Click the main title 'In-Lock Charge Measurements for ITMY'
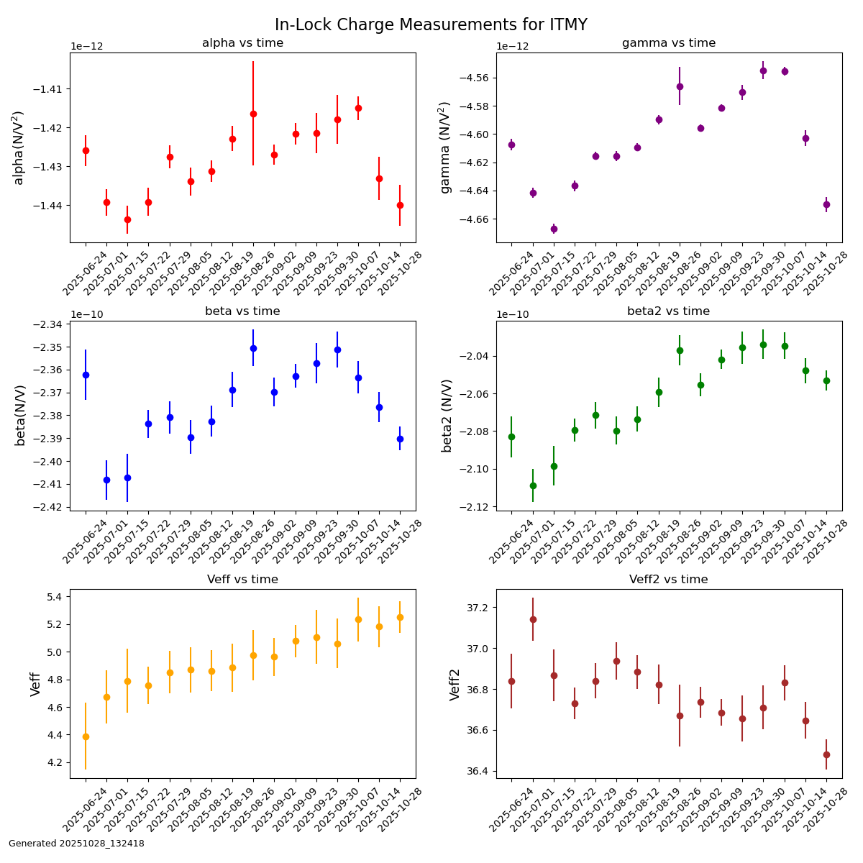(431, 24)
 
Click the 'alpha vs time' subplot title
(242, 43)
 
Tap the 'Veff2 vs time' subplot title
(668, 580)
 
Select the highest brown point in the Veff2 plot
(533, 619)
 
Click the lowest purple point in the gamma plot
(554, 229)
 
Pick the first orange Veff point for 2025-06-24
(86, 736)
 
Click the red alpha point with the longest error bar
(253, 114)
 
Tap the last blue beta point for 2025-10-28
(400, 439)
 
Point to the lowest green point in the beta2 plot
(533, 485)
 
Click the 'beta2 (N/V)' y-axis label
(447, 416)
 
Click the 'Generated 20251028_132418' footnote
(76, 844)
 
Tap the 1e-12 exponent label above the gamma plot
(513, 47)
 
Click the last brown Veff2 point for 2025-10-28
(826, 754)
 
